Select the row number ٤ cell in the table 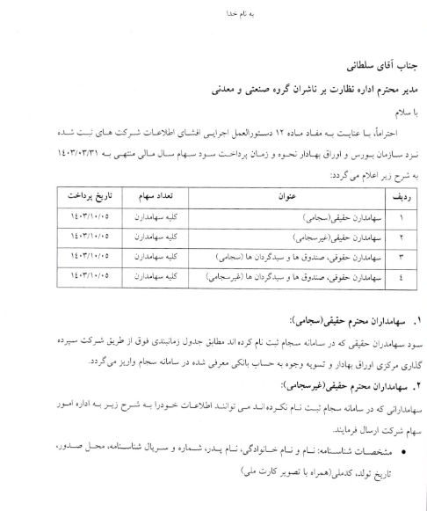pyautogui.click(x=401, y=277)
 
